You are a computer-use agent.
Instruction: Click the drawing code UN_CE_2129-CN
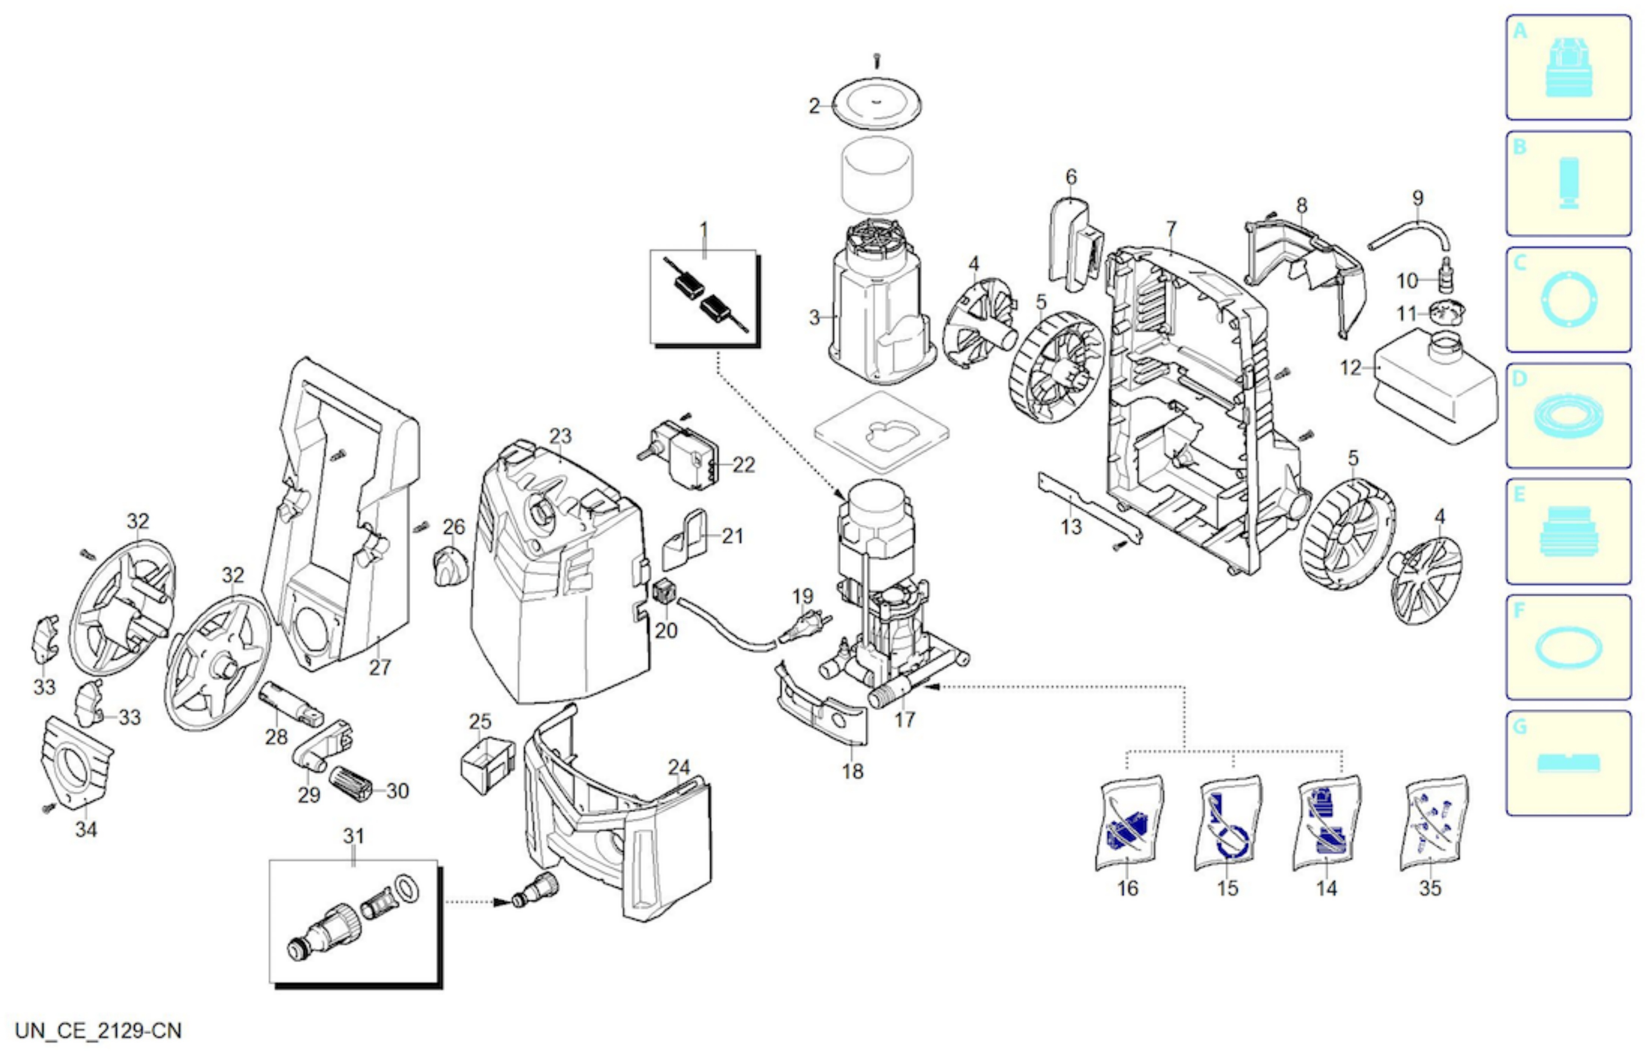tap(99, 1031)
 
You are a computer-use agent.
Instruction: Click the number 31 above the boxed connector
tap(353, 837)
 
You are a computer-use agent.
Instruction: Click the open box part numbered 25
tap(488, 765)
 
